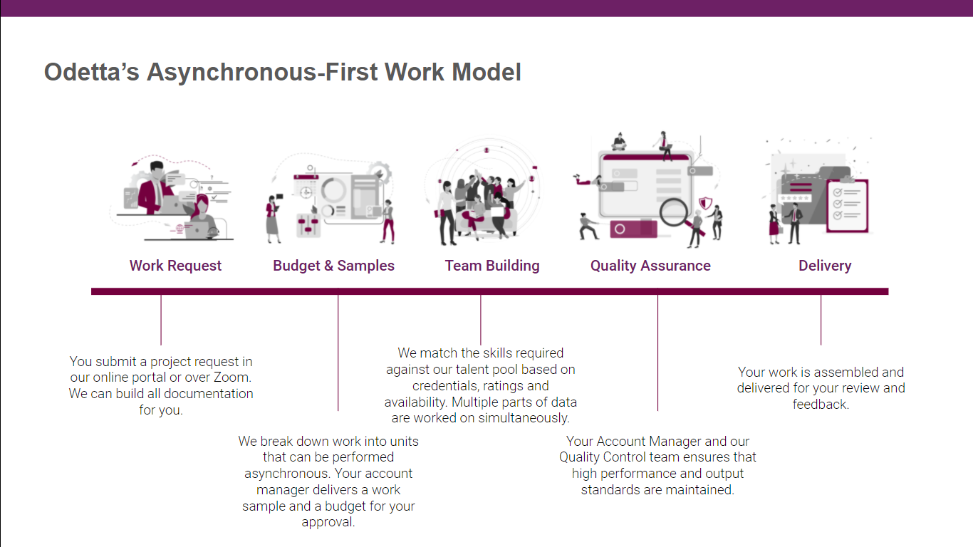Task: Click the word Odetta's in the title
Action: [x=91, y=72]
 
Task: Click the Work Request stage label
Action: [x=175, y=266]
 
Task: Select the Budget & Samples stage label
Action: [x=333, y=266]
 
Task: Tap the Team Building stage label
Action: [x=492, y=266]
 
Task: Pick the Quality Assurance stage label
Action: [x=650, y=266]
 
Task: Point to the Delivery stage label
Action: [x=825, y=266]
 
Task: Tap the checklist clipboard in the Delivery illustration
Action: [x=847, y=205]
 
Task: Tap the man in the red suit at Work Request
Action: [x=152, y=189]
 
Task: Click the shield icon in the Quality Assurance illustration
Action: [x=705, y=204]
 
